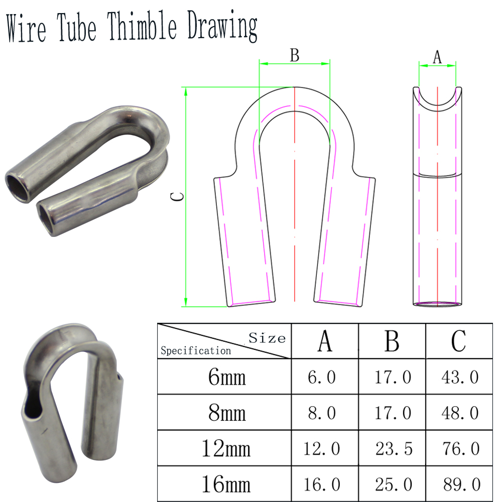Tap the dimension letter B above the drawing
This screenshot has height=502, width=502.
click(x=294, y=55)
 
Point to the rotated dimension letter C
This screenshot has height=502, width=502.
click(x=177, y=196)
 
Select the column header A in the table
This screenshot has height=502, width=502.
click(x=325, y=341)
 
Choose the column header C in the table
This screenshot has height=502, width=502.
click(x=458, y=341)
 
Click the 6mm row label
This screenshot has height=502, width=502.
click(x=227, y=377)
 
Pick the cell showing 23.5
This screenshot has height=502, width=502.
click(x=394, y=448)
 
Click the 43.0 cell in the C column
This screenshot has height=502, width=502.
click(x=460, y=377)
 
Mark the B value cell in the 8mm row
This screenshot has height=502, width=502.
click(x=393, y=413)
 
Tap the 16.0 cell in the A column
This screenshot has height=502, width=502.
click(x=322, y=484)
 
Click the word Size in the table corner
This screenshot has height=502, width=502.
click(x=267, y=338)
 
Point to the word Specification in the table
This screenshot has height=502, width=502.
click(x=196, y=350)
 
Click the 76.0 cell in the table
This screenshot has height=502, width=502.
click(x=461, y=448)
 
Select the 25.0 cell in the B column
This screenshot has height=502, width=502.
click(x=394, y=484)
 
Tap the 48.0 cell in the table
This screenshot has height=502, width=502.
click(x=461, y=413)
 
